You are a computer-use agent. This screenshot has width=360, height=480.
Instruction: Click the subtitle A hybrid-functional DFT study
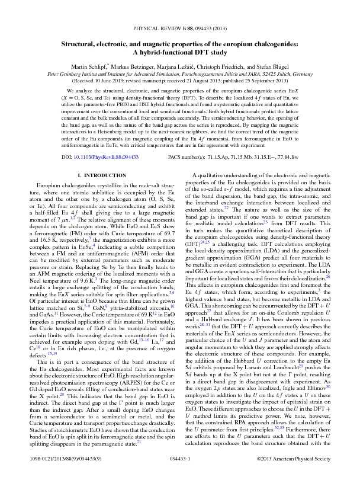[179, 52]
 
